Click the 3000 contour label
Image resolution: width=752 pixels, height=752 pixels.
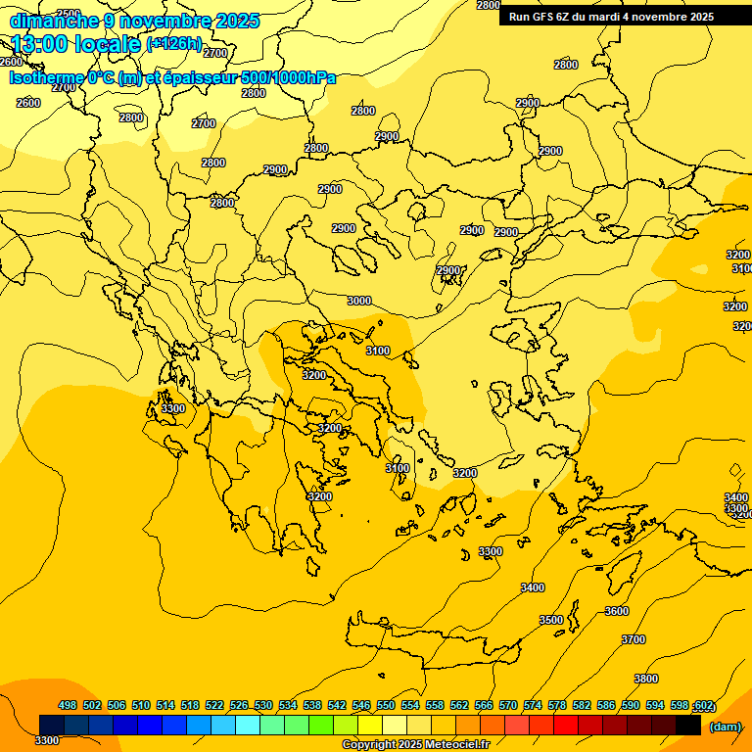pos(359,301)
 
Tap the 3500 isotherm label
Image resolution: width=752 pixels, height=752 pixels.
pos(551,620)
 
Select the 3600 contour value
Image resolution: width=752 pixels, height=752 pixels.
pos(617,611)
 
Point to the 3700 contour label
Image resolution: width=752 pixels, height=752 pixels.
pos(634,639)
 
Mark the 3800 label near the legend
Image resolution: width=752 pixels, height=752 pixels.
pos(645,679)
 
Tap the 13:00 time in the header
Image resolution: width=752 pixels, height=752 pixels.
pos(42,44)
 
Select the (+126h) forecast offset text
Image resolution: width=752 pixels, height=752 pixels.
pos(173,44)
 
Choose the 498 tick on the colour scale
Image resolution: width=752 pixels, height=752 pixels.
pos(68,706)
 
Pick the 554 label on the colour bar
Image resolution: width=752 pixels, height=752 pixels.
pos(410,706)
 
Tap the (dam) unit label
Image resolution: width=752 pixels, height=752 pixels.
pos(724,727)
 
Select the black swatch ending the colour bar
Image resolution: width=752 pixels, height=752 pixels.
pos(688,725)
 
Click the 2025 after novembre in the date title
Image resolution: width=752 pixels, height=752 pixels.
pos(236,21)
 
